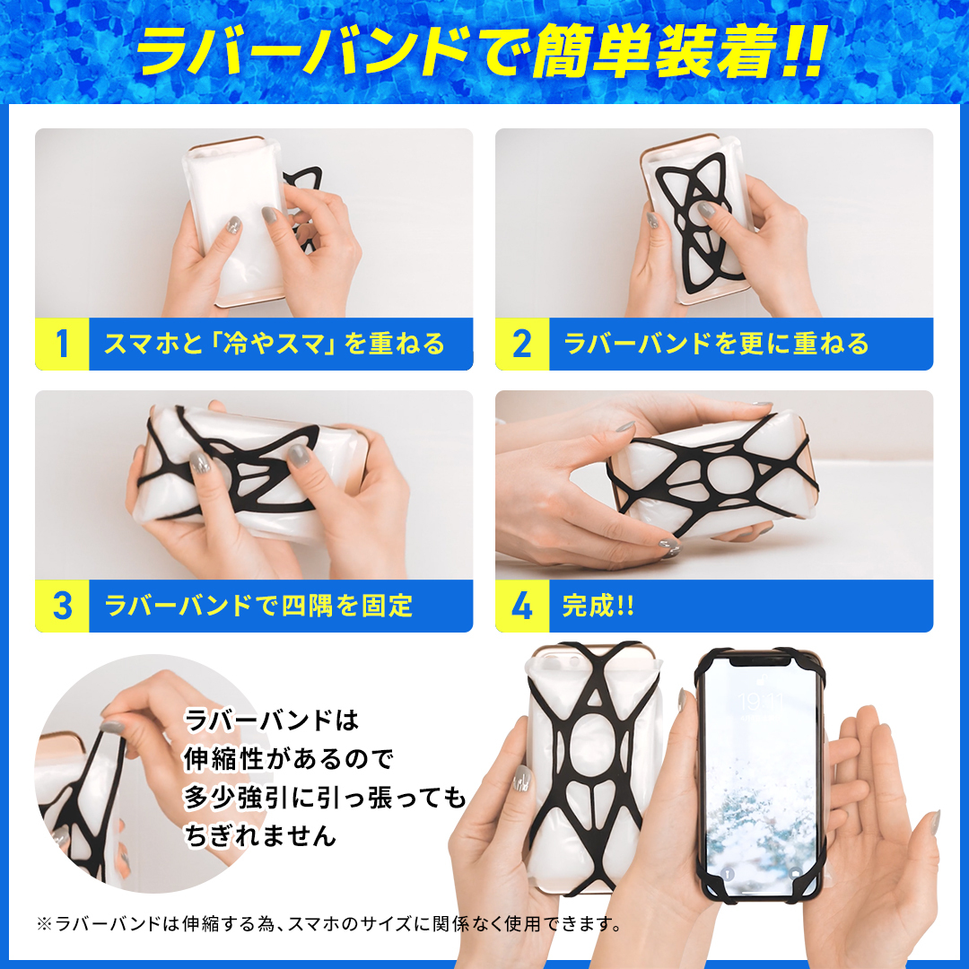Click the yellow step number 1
point(62,344)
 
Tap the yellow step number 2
point(521,344)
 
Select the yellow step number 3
point(62,606)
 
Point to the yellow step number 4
point(521,606)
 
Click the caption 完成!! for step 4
point(598,606)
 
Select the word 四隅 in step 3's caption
point(307,606)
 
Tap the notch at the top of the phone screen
point(761,660)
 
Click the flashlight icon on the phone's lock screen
point(727,874)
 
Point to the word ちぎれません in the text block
point(260,835)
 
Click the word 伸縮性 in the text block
point(223,758)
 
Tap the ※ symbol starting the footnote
point(44,924)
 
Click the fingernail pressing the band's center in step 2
point(706,210)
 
